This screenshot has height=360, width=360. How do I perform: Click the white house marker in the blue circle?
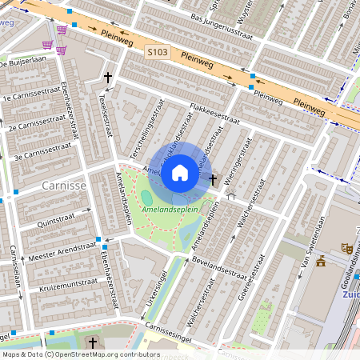180,172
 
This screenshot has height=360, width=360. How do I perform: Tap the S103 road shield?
158,52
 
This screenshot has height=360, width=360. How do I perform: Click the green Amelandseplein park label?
169,209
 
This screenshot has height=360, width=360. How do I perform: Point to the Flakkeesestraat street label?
214,113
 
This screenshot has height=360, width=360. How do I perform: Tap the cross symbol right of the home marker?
213,181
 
